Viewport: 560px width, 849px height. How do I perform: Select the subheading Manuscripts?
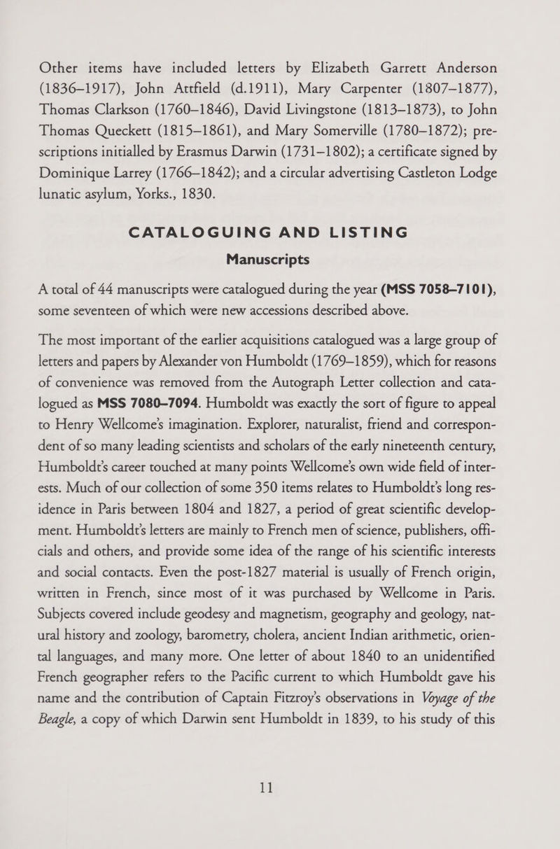280,258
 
